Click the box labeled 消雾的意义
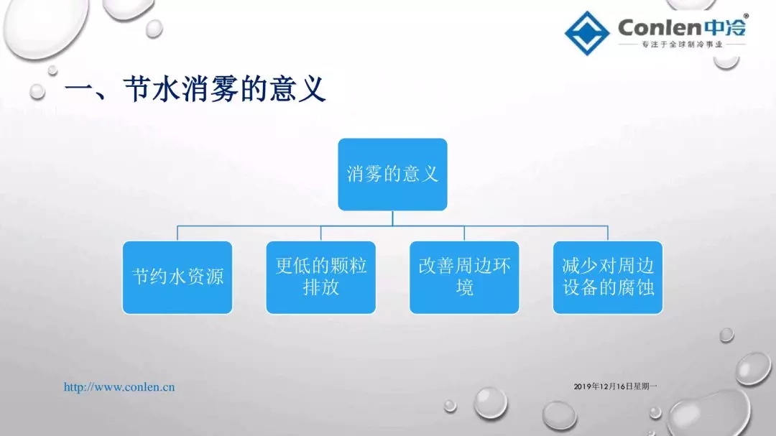pyautogui.click(x=392, y=175)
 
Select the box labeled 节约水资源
pyautogui.click(x=177, y=277)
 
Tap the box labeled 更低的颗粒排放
pyautogui.click(x=320, y=277)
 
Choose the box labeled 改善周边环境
pyautogui.click(x=464, y=277)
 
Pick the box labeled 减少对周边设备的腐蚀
pyautogui.click(x=608, y=277)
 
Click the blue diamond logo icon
pyautogui.click(x=587, y=33)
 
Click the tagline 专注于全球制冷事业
pyautogui.click(x=683, y=45)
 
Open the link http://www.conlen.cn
pyautogui.click(x=119, y=387)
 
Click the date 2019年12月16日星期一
pyautogui.click(x=616, y=386)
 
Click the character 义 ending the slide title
pyautogui.click(x=312, y=89)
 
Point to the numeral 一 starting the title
pyautogui.click(x=79, y=90)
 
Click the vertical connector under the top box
pyautogui.click(x=392, y=218)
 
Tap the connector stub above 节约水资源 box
pyautogui.click(x=177, y=233)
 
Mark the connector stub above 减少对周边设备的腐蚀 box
pyautogui.click(x=608, y=233)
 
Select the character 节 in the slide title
pyautogui.click(x=137, y=89)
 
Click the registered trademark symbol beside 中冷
pyautogui.click(x=747, y=17)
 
